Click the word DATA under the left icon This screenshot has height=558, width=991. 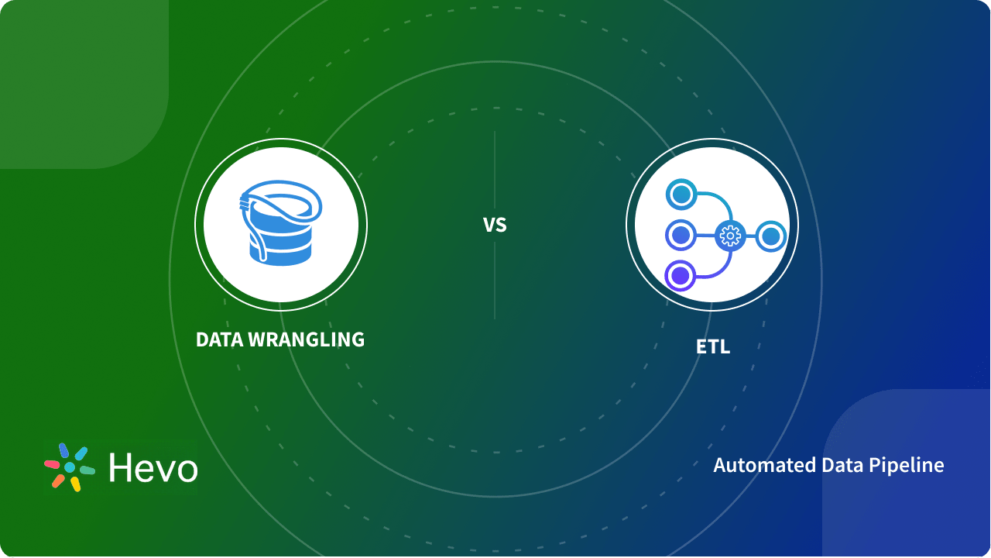pos(218,339)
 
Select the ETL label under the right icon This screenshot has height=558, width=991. pos(712,347)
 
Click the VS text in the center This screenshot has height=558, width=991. pos(495,225)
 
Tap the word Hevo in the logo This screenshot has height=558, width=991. pos(153,468)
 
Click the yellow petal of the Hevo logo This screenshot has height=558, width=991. pos(75,484)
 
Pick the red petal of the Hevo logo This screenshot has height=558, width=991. pos(53,464)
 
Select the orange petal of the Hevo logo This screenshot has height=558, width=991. pos(58,480)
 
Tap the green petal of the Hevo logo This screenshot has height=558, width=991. pos(87,470)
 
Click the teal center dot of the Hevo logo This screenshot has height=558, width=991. pos(70,467)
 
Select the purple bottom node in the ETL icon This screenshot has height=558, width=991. pos(681,275)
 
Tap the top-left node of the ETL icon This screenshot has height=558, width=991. pos(681,195)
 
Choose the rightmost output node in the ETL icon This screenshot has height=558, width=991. pos(770,236)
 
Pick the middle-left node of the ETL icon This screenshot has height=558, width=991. pos(681,235)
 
